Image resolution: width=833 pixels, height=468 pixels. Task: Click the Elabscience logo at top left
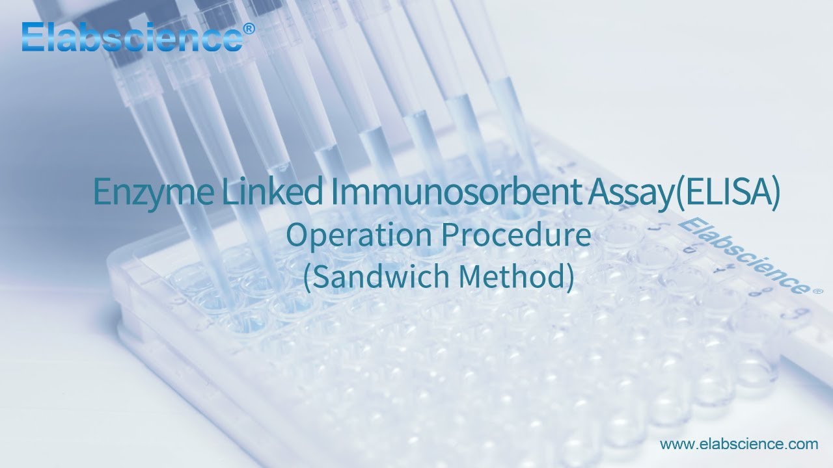[130, 36]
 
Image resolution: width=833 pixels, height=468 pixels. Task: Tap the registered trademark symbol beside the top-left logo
[248, 29]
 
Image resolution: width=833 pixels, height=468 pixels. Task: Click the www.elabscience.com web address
[739, 445]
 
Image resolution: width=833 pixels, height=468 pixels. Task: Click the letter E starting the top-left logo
[32, 36]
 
